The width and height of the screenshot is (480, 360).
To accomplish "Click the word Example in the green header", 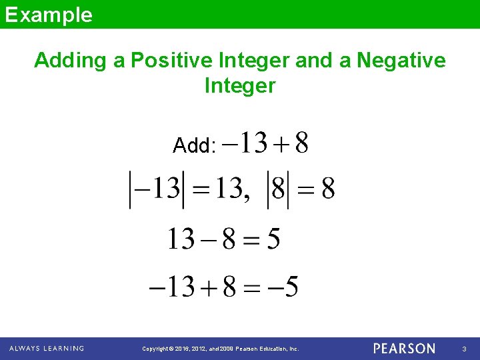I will point(48,14).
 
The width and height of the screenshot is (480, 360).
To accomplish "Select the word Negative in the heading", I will point(401,61).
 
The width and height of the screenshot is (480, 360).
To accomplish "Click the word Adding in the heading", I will point(70,61).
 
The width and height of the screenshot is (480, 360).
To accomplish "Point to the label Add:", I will point(194,145).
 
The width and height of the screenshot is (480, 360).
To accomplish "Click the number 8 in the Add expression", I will point(302,142).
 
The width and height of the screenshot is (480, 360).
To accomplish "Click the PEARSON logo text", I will point(404,349).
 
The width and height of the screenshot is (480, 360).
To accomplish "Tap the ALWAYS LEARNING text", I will point(47,349).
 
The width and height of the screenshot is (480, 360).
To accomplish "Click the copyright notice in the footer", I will point(221,349).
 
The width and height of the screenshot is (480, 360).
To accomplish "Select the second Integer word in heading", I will point(240,86).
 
